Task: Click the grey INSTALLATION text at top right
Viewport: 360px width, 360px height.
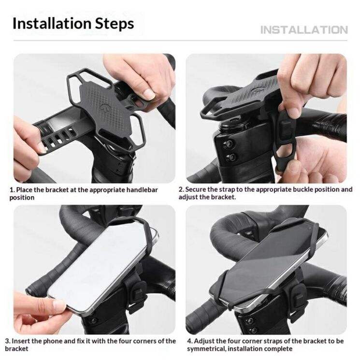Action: (x=304, y=30)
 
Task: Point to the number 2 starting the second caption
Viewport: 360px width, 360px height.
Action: (x=181, y=189)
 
